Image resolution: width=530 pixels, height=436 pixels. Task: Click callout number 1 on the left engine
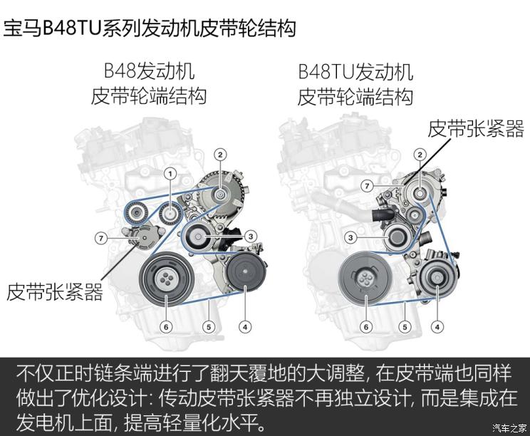click(x=170, y=174)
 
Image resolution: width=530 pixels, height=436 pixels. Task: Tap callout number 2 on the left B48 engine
click(x=220, y=155)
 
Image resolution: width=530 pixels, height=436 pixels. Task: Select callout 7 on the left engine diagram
click(x=100, y=238)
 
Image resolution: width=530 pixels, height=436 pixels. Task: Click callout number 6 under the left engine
click(x=166, y=327)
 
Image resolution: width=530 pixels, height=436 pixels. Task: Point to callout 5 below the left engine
click(x=209, y=327)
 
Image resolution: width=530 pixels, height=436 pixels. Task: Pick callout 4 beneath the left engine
click(x=245, y=327)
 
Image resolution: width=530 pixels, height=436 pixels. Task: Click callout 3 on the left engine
click(x=251, y=237)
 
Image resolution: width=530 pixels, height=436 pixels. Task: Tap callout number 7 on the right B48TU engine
click(x=367, y=185)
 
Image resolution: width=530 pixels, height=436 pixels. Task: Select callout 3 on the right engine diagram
click(x=350, y=238)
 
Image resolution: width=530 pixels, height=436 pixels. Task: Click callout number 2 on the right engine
click(x=420, y=155)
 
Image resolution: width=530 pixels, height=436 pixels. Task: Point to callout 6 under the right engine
click(x=366, y=327)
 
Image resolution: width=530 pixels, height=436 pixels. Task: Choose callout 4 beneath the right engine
click(x=437, y=327)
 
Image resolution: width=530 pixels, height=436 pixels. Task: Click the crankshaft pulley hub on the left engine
click(x=166, y=279)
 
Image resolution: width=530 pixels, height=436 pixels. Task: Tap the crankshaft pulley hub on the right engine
click(x=365, y=279)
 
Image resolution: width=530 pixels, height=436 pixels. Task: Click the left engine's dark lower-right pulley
click(x=245, y=271)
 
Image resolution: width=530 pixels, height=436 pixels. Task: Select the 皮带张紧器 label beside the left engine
click(x=54, y=292)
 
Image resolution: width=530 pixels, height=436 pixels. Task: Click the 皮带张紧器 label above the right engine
click(x=476, y=129)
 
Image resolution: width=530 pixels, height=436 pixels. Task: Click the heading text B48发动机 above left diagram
click(x=149, y=71)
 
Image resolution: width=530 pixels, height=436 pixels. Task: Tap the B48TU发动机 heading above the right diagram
click(x=355, y=72)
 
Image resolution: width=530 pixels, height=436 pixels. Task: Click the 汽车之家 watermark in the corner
click(x=509, y=428)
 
